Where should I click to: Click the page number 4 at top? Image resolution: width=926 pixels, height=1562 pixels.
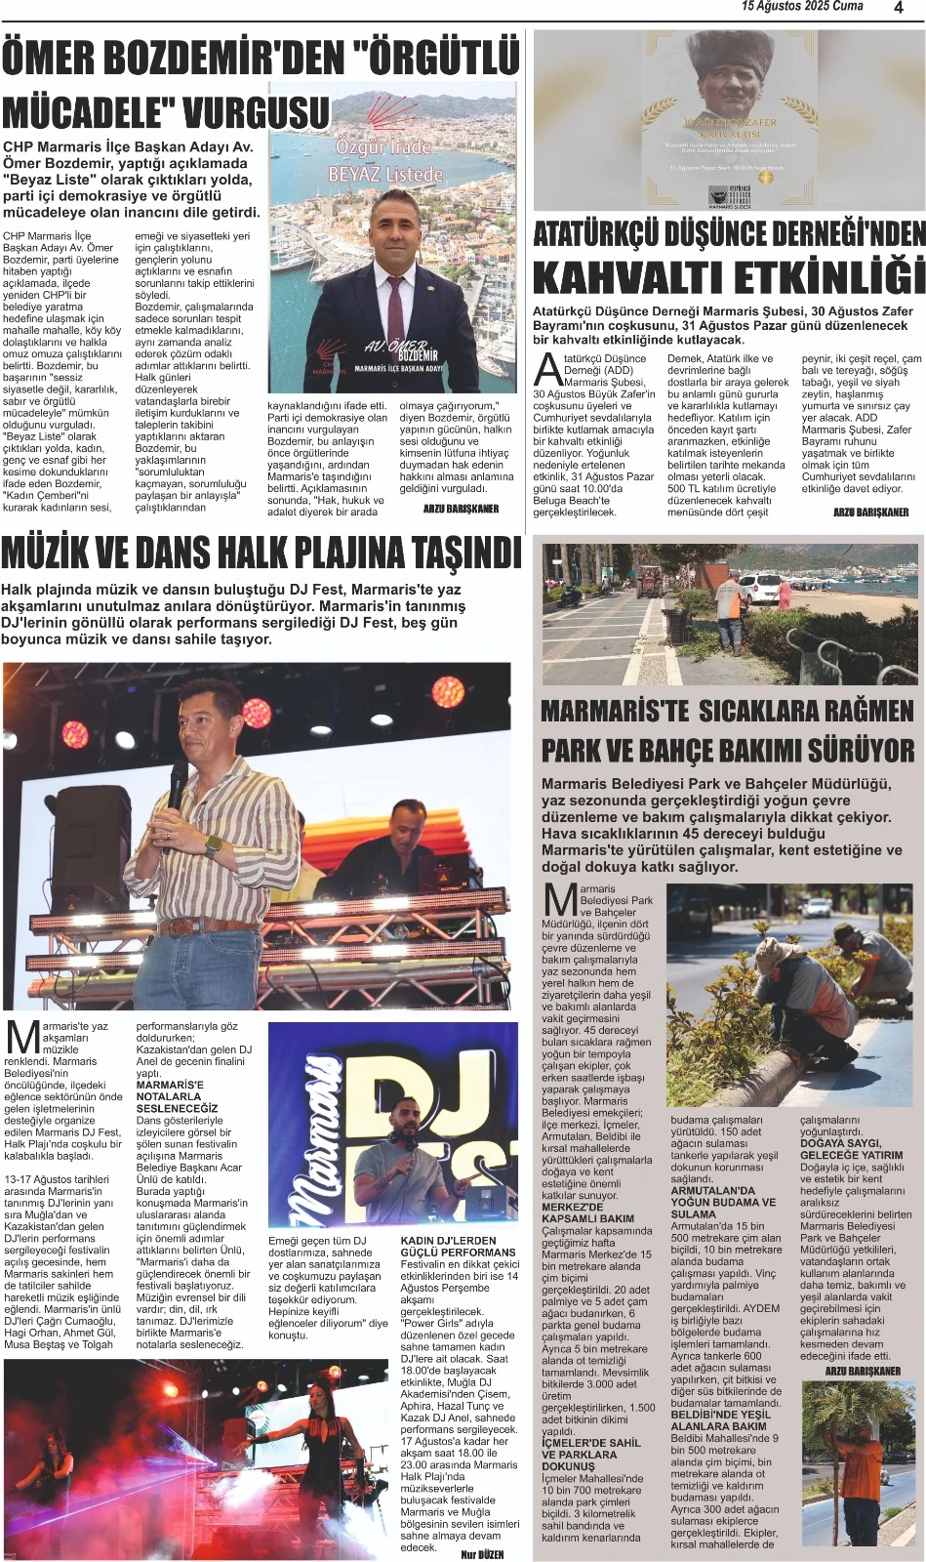[898, 9]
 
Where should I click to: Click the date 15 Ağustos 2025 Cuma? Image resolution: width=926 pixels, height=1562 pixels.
[802, 8]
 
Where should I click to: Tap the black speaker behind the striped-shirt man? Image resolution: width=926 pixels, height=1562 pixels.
[99, 825]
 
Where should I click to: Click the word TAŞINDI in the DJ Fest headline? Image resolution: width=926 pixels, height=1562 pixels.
[457, 554]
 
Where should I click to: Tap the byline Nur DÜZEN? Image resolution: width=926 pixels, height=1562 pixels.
[483, 1553]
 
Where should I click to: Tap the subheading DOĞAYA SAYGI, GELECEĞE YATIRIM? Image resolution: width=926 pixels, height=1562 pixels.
[851, 1148]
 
